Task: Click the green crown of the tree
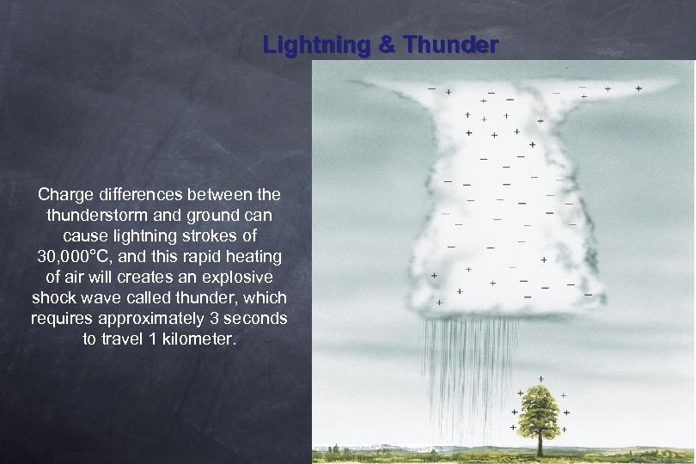coord(541,409)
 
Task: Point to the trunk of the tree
coord(541,443)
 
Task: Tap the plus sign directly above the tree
coord(540,379)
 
